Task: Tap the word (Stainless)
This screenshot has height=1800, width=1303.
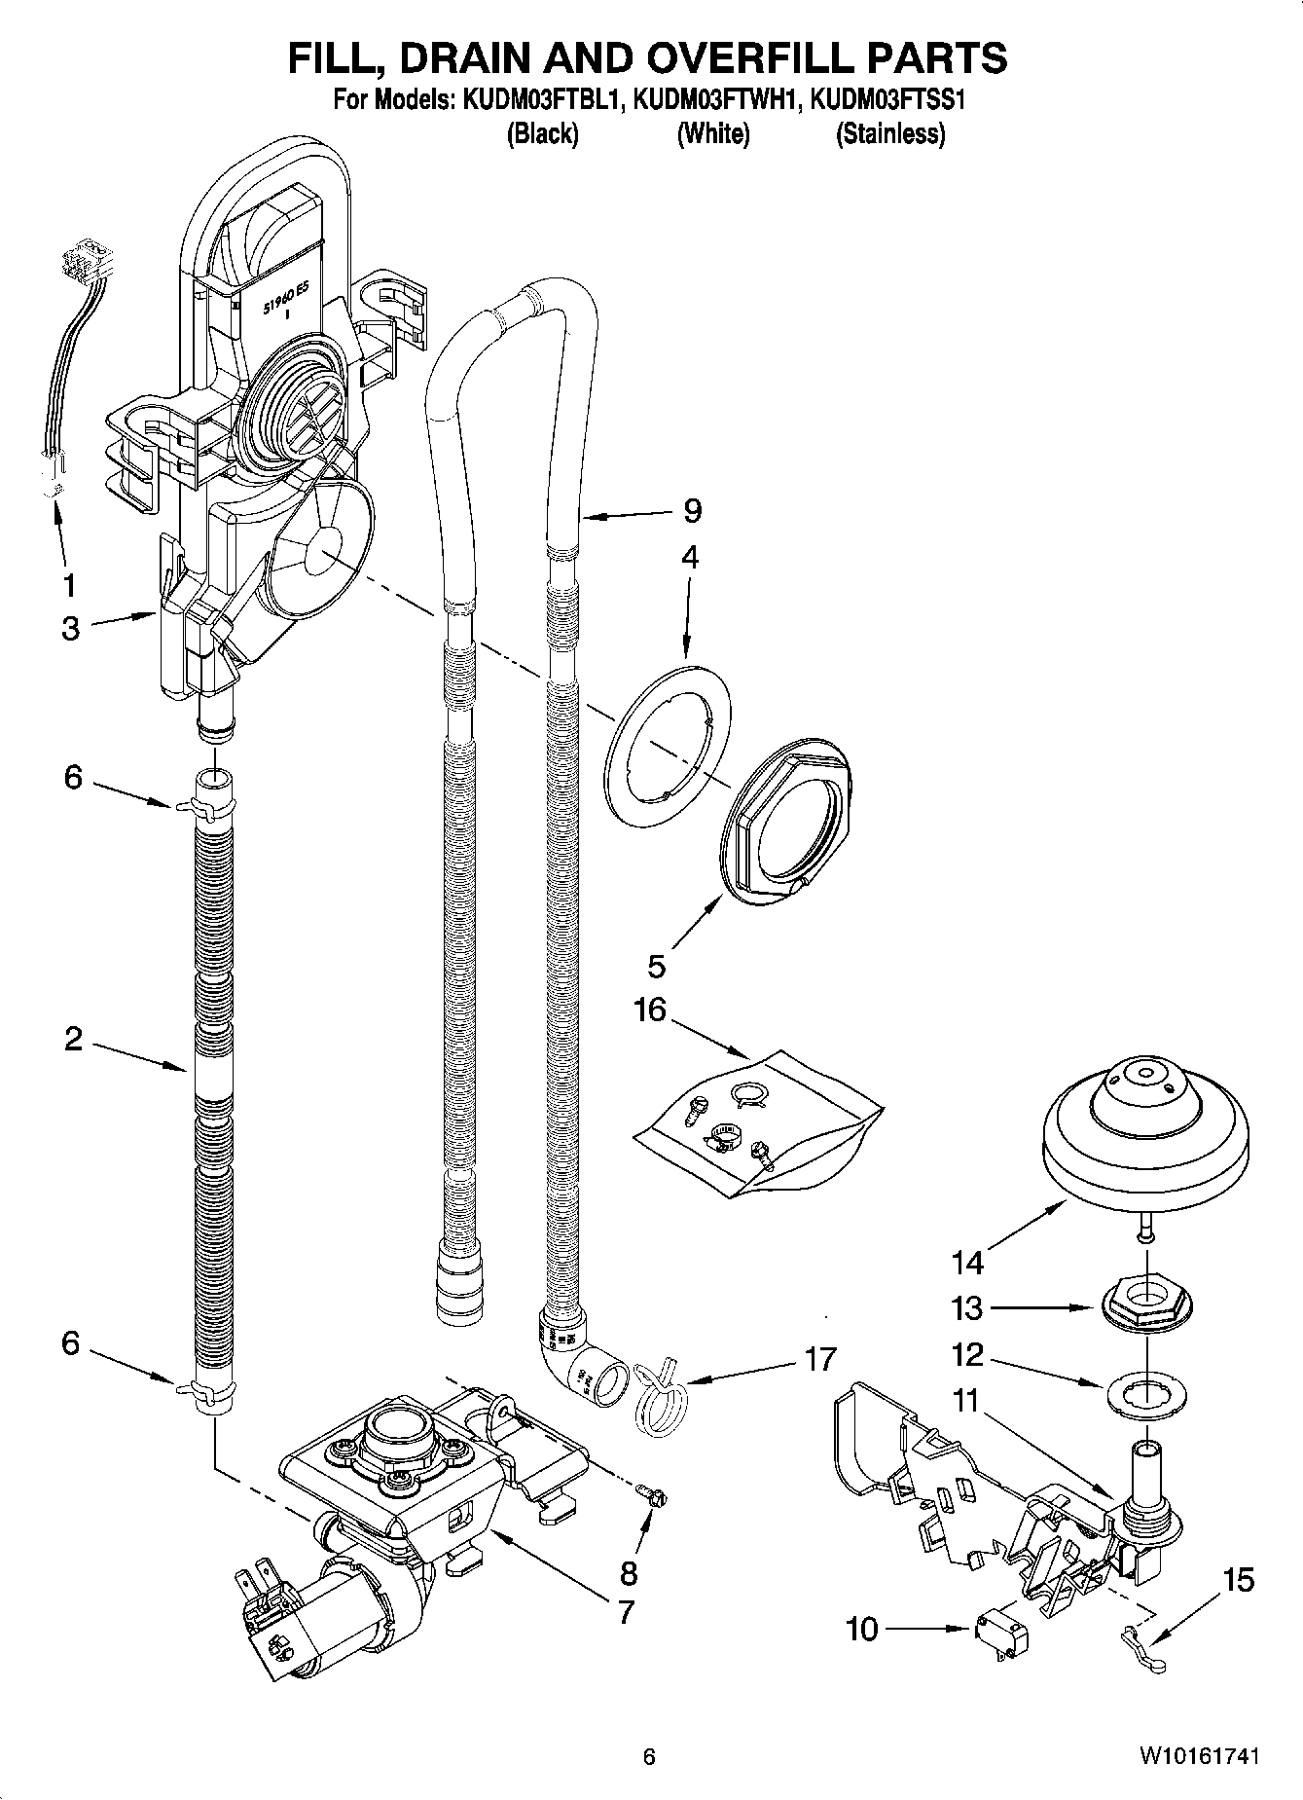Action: (890, 133)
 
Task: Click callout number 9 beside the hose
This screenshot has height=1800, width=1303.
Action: (692, 510)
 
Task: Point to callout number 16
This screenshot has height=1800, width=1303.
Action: (650, 1010)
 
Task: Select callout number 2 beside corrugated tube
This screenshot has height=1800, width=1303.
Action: (74, 1040)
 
